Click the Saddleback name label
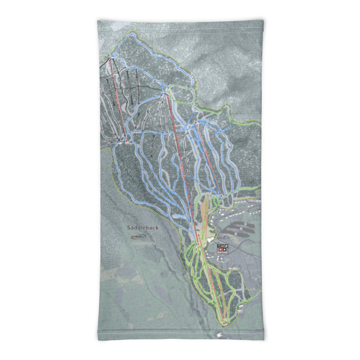142,228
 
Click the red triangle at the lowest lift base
224,323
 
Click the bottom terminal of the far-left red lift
126,141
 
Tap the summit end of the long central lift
167,94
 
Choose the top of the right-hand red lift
196,122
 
